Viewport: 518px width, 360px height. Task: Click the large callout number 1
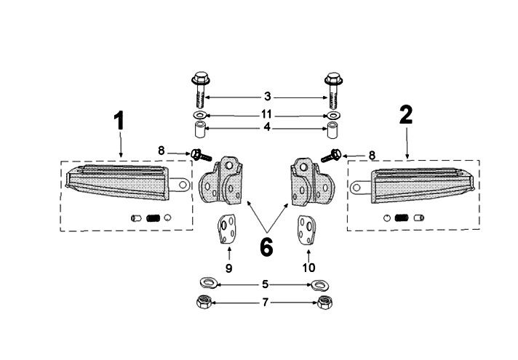(119, 121)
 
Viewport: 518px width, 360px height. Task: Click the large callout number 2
(405, 114)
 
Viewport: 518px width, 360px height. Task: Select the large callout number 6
(266, 247)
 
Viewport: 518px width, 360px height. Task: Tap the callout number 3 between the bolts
(267, 96)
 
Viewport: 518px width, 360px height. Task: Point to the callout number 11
(267, 115)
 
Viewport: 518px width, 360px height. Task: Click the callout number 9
(228, 268)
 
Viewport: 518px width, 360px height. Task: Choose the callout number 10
(308, 268)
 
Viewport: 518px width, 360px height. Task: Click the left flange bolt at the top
(199, 88)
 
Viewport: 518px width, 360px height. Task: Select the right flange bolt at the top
(333, 88)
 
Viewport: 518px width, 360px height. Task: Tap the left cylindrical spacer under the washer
(199, 132)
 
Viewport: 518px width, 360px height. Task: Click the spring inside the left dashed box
(153, 217)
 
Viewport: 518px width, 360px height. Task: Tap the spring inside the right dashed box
(399, 217)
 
